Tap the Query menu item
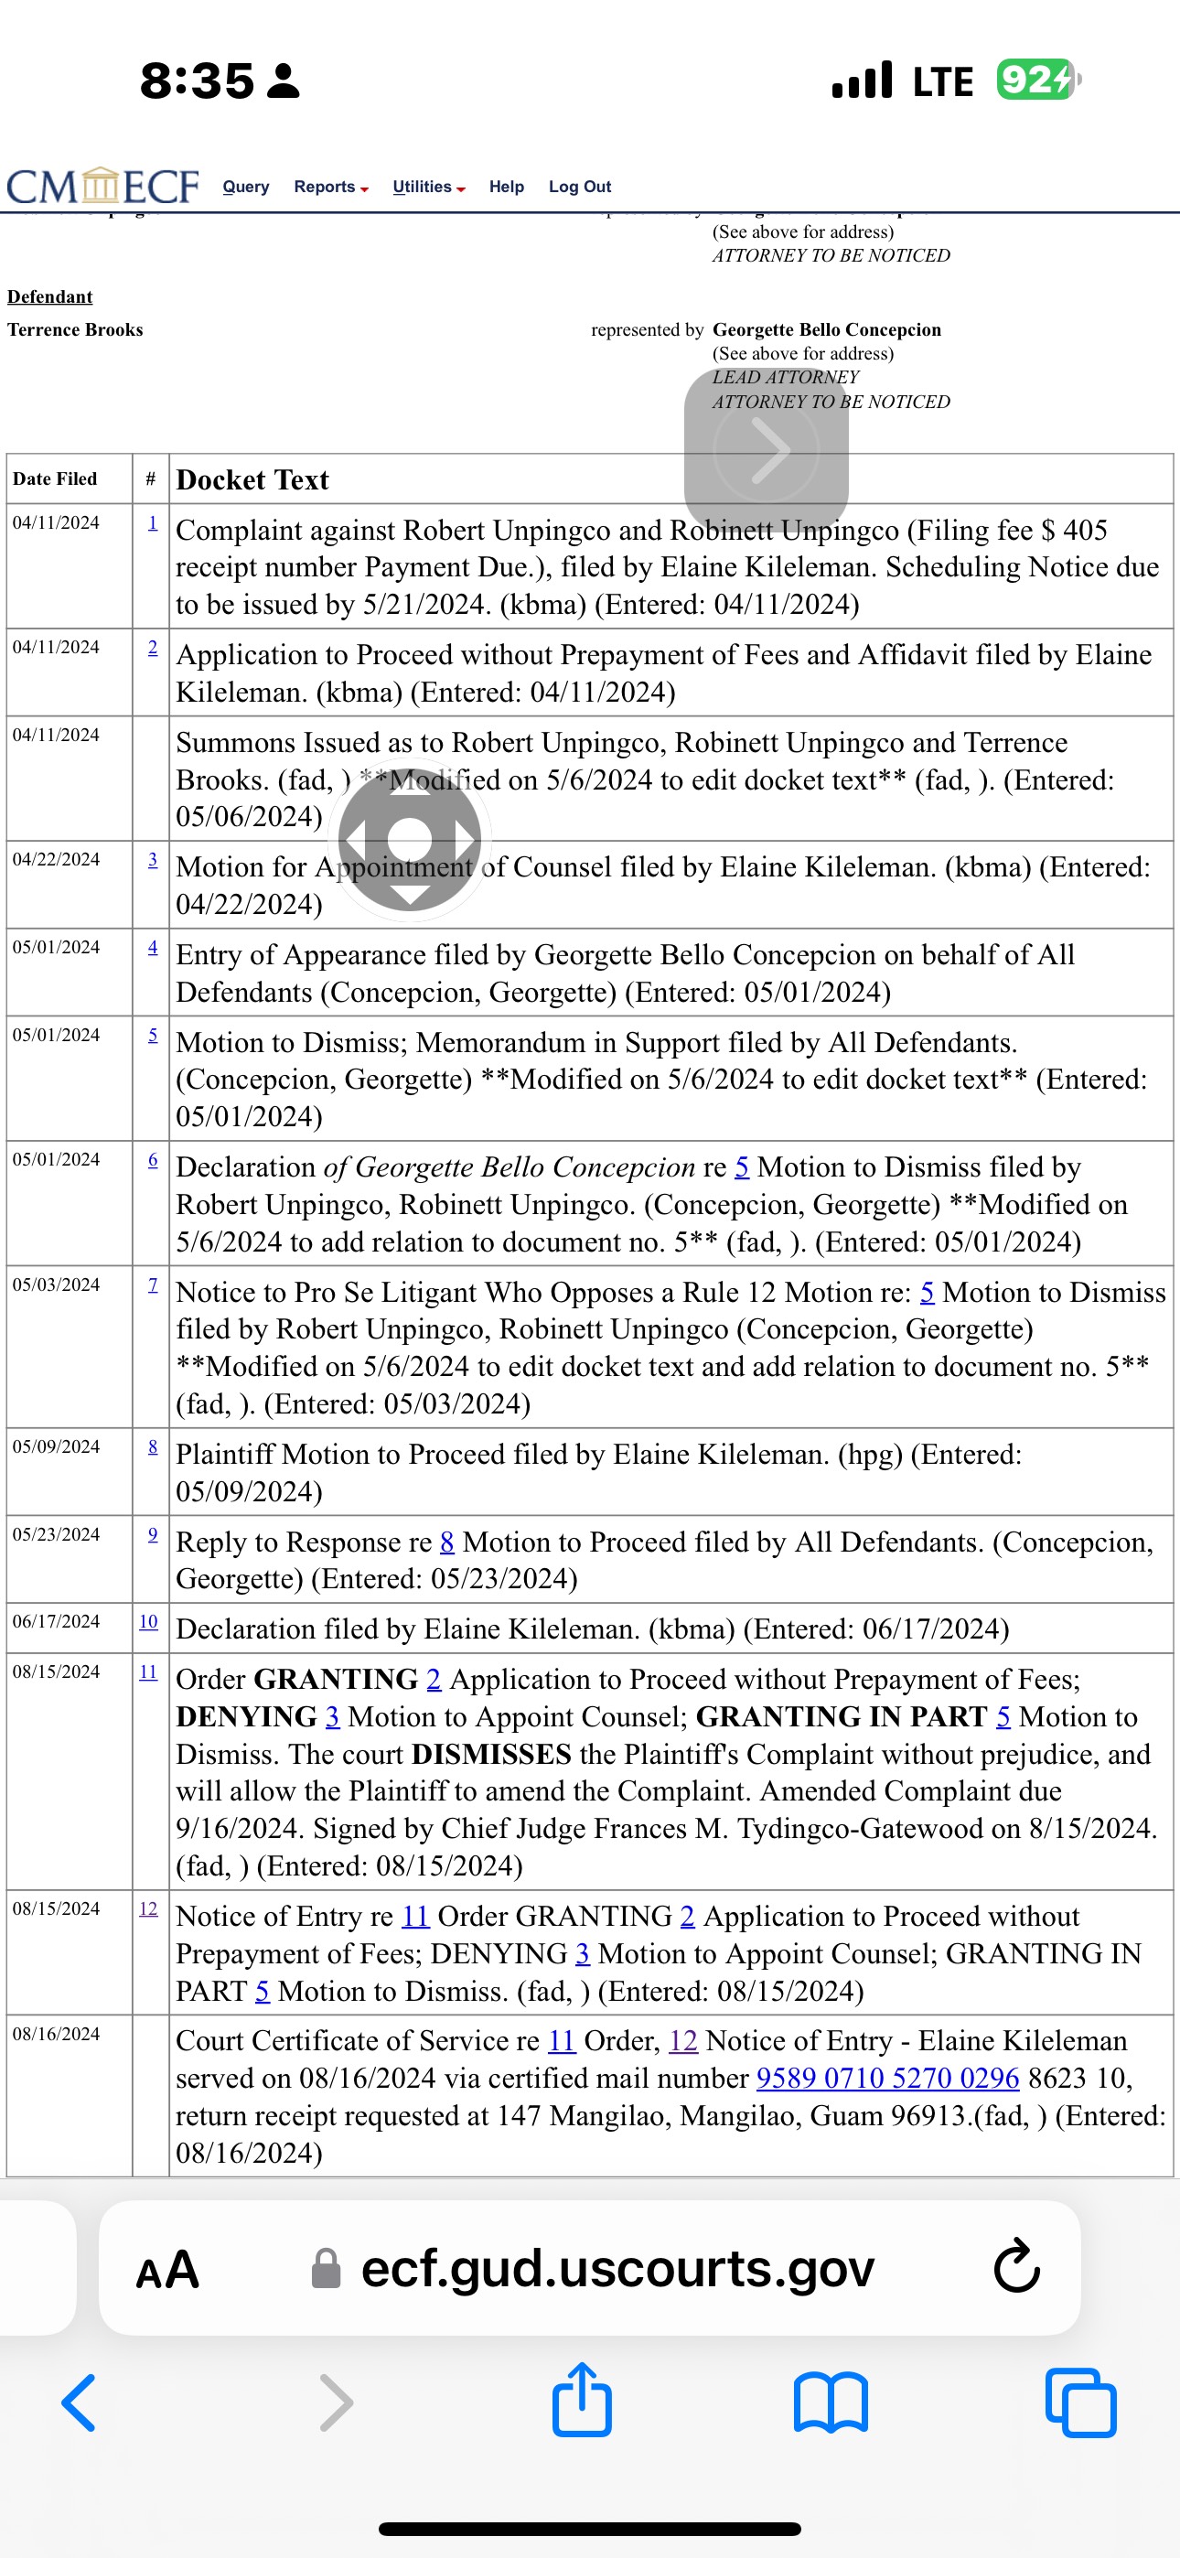point(245,187)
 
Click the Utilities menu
point(428,187)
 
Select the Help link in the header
point(506,187)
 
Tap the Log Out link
point(579,187)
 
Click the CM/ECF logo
point(103,186)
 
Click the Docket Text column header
point(252,480)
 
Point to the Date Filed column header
point(55,478)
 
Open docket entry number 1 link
point(152,522)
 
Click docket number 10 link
point(148,1620)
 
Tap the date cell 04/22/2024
point(56,859)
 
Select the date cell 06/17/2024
point(56,1620)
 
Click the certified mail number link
point(887,2078)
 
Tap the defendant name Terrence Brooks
point(76,329)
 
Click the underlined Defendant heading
point(49,297)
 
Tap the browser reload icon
point(1016,2267)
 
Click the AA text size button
point(166,2269)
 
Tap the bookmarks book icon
point(831,2402)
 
